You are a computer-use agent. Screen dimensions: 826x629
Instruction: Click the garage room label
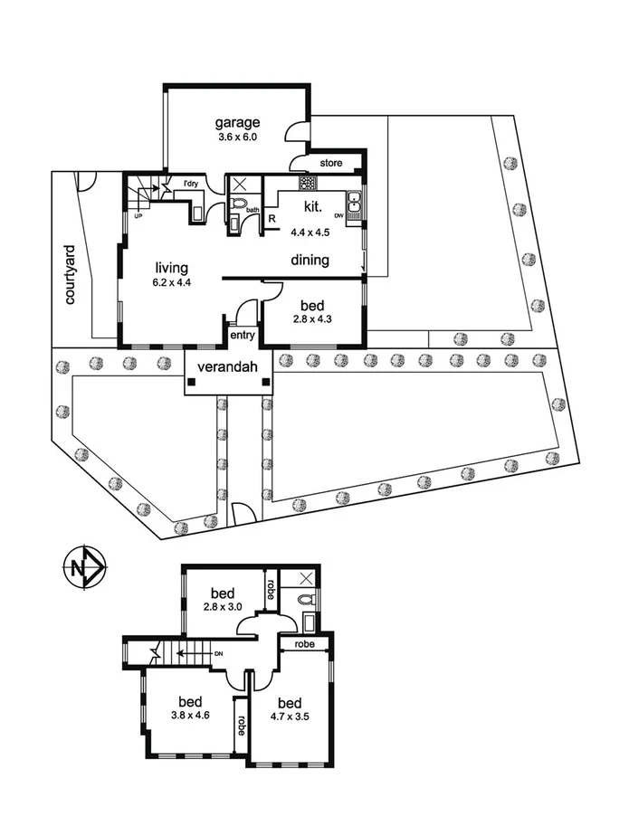coord(238,123)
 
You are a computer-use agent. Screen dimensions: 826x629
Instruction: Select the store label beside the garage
coord(330,164)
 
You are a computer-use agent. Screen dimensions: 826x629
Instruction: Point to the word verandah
coord(226,366)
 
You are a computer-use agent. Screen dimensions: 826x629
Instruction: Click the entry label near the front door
coord(243,336)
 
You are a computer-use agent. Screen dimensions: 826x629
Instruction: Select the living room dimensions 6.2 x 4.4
coord(171,282)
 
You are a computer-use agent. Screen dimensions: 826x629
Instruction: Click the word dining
coord(310,261)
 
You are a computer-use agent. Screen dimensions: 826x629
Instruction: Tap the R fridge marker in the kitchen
coord(272,219)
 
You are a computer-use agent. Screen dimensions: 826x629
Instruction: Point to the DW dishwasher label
coord(339,216)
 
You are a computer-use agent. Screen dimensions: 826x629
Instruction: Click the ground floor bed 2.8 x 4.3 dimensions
coord(312,319)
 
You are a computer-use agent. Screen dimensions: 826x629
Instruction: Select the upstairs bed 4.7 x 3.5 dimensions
coord(290,717)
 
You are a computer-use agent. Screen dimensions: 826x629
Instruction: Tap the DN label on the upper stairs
coord(218,652)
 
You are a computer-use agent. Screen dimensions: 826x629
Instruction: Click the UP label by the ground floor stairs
coord(138,217)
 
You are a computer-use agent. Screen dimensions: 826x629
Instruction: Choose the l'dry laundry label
coord(191,185)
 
